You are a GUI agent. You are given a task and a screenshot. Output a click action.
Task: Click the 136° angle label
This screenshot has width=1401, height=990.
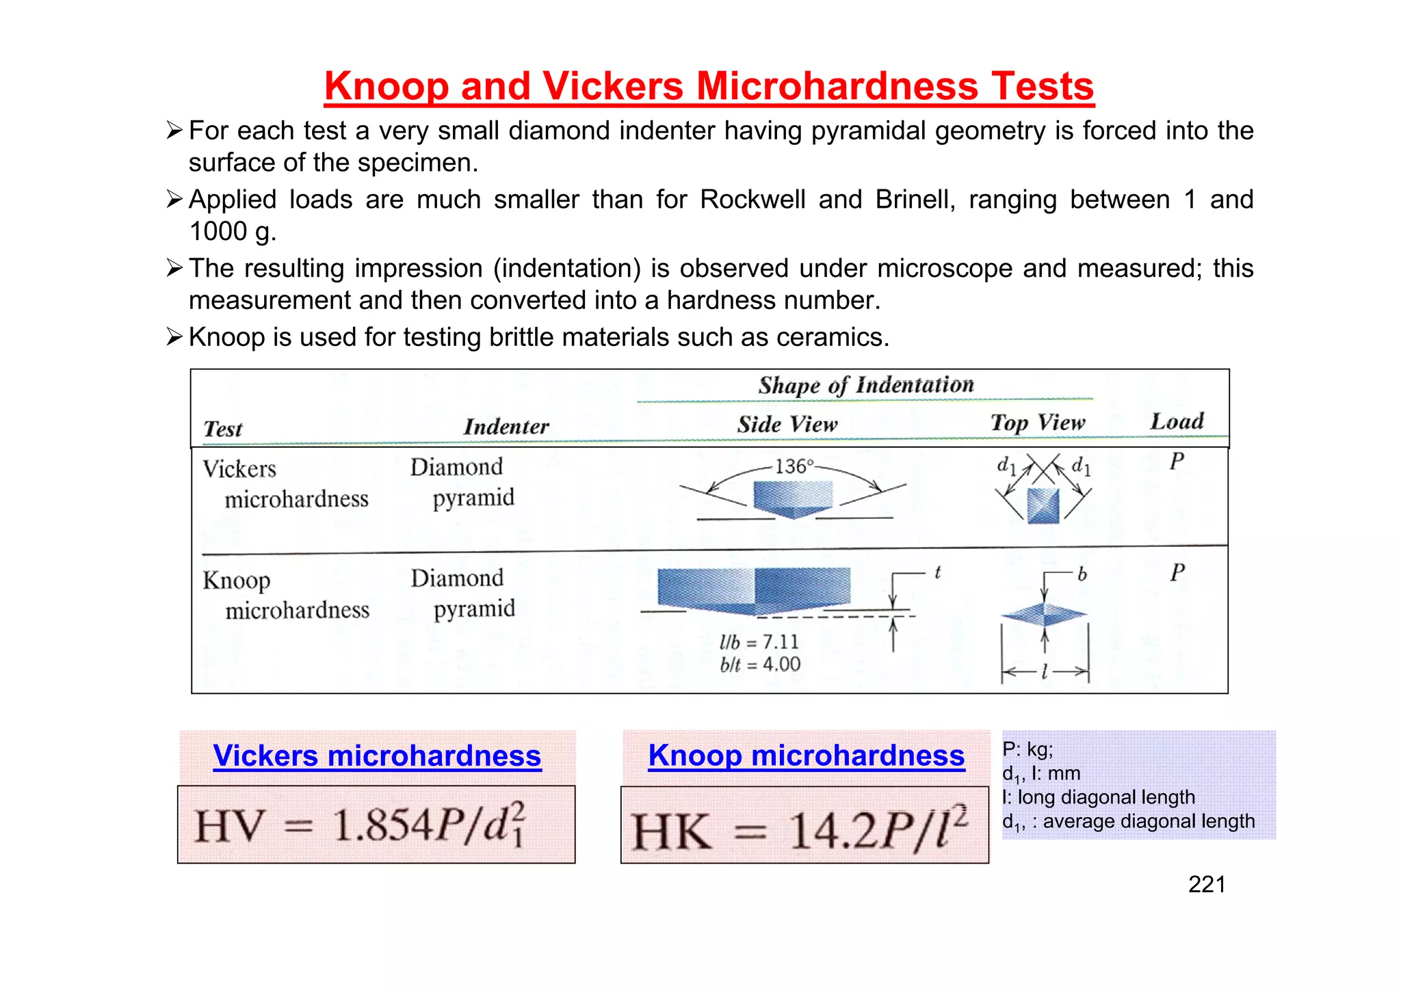click(794, 467)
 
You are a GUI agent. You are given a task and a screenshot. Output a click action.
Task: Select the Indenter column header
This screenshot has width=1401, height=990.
click(506, 427)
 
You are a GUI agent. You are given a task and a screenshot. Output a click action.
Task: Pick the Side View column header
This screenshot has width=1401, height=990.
click(787, 425)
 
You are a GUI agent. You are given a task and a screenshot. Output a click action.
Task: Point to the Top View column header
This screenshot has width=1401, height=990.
click(1038, 423)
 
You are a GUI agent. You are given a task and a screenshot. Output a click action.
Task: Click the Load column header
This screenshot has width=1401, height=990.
click(1177, 421)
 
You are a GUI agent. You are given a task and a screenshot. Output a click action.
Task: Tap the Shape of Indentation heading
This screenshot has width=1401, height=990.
click(865, 386)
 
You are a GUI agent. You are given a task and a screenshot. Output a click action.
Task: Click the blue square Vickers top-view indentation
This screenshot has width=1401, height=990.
click(1043, 506)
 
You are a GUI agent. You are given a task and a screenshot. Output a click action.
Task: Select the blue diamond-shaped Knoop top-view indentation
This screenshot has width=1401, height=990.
click(1044, 615)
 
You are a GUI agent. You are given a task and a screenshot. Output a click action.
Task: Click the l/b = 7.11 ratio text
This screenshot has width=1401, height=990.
click(759, 642)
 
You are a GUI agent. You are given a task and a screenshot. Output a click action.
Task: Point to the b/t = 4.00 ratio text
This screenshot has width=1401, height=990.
click(760, 665)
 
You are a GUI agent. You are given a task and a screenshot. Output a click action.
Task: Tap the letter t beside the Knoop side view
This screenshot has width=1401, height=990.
click(938, 572)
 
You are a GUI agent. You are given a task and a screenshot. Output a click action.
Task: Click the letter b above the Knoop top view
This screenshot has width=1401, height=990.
click(1082, 574)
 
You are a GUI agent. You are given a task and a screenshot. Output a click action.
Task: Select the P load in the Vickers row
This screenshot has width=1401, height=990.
click(1177, 461)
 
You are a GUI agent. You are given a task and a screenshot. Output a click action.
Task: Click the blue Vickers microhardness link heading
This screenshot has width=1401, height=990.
click(377, 756)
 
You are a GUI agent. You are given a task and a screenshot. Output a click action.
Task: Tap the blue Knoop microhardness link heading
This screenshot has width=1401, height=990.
click(807, 756)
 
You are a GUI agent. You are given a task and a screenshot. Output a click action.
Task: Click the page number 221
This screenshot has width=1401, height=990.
click(1207, 885)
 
